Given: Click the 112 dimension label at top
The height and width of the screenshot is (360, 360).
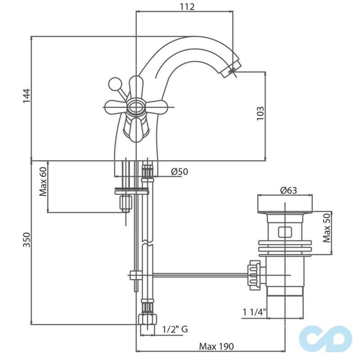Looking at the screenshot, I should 184,7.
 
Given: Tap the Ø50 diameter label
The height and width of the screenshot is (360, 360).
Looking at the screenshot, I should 179,171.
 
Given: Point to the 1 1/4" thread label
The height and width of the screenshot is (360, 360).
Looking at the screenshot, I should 255,311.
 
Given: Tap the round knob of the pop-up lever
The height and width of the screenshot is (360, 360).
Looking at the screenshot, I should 114,84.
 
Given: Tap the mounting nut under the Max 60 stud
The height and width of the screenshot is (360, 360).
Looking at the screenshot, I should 125,203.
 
